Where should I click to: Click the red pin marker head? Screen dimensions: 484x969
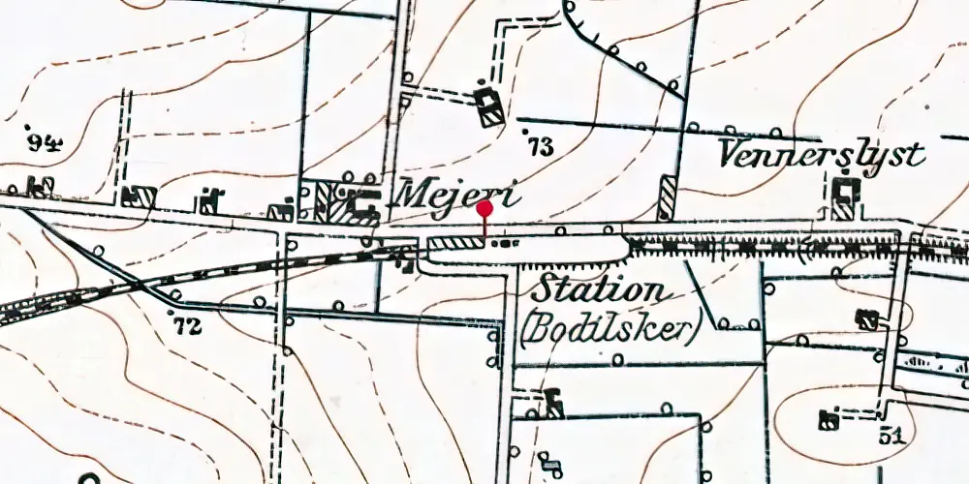485,207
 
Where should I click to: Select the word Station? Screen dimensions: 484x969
601,289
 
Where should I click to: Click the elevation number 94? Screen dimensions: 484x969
45,142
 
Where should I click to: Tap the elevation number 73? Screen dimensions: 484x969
541,146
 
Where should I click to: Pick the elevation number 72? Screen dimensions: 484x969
187,326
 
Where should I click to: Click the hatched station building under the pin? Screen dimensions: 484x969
455,243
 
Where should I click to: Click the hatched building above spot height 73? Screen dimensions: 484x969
489,106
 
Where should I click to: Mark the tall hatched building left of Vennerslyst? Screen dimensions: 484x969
667,197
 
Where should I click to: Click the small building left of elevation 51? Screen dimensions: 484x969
829,419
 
